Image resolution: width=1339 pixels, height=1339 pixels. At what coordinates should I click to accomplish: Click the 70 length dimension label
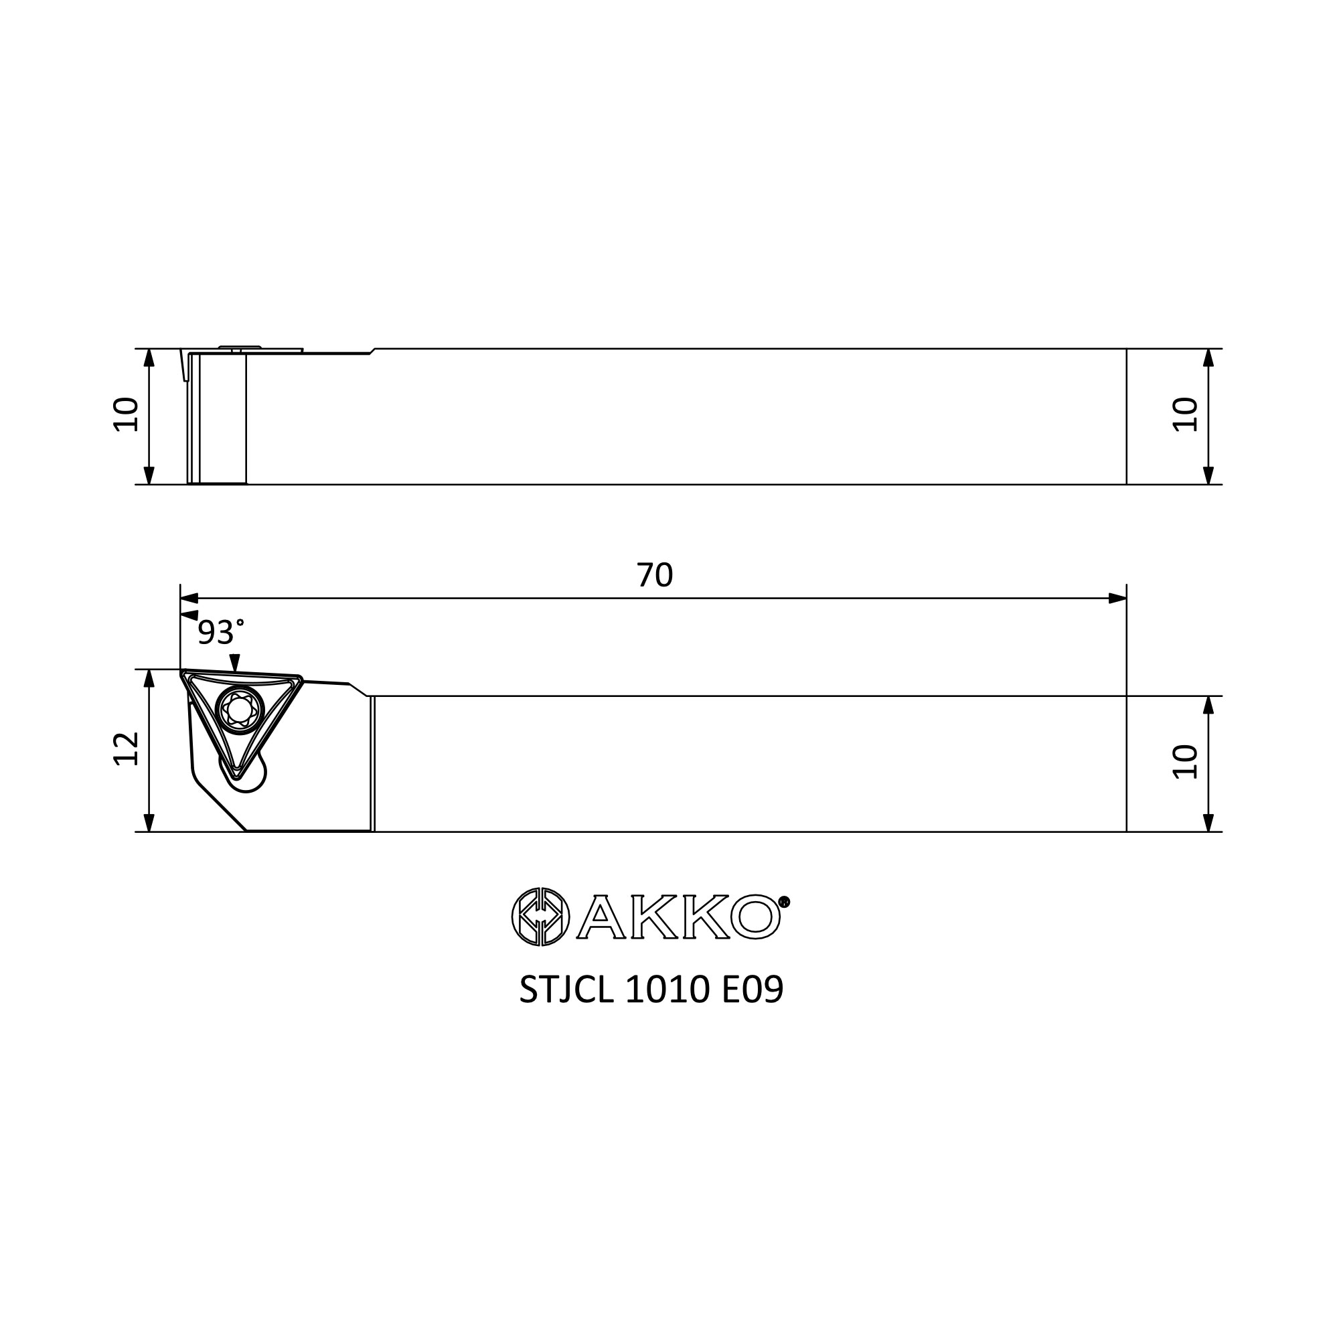point(654,574)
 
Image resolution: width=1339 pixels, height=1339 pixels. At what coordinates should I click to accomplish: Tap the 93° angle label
point(221,632)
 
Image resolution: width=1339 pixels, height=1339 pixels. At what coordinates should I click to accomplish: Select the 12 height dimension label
point(126,749)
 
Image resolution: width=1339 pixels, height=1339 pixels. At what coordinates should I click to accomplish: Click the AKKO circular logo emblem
point(540,917)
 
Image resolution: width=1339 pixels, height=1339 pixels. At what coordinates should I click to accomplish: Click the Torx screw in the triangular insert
point(240,709)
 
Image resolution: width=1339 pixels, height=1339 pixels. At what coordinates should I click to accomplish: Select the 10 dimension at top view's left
point(126,414)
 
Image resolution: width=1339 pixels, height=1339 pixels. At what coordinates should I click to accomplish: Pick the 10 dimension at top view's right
point(1185,414)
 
